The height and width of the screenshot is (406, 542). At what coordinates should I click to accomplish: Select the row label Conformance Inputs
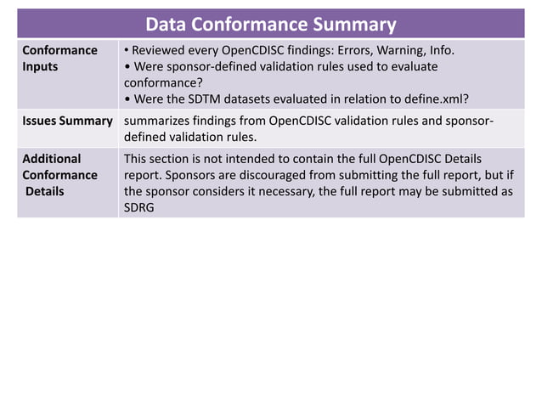(x=59, y=59)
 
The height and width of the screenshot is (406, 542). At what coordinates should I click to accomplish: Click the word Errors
(x=341, y=50)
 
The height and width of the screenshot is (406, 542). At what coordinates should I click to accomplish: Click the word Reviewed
(x=164, y=50)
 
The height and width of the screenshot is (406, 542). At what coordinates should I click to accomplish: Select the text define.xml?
(x=433, y=100)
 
